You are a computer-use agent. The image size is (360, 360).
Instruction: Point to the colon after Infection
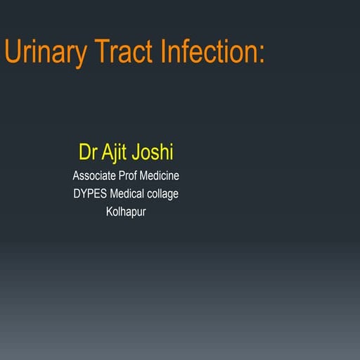pos(261,55)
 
